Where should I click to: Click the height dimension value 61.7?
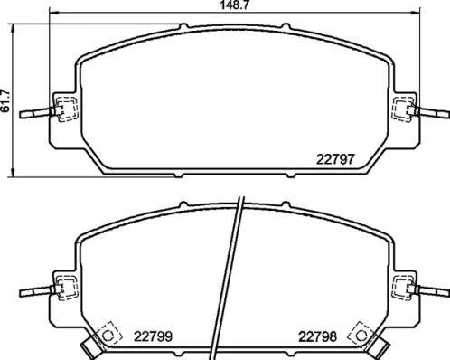(x=5, y=101)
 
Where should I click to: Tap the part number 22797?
(x=335, y=159)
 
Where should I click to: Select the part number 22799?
(x=153, y=336)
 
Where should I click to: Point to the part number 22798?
(x=317, y=336)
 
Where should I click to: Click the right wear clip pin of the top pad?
(x=431, y=113)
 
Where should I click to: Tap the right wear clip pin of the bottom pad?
(x=431, y=291)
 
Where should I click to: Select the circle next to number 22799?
(x=108, y=335)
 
